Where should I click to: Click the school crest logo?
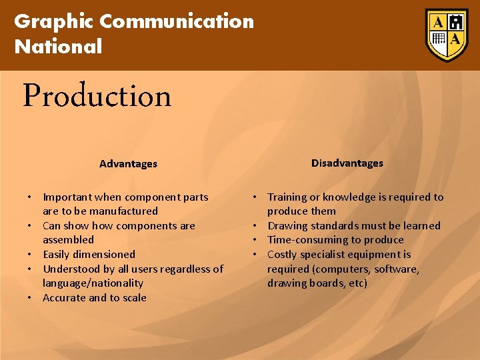446,35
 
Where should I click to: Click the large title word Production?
97,97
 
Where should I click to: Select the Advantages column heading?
128,164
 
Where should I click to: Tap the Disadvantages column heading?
347,163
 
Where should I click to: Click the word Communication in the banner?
177,21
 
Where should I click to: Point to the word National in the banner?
58,47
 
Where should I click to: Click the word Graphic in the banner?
54,21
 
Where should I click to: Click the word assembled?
68,240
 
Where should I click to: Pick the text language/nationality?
93,283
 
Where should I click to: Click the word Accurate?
65,298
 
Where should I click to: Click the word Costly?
283,255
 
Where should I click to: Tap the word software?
396,269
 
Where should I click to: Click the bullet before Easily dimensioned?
31,255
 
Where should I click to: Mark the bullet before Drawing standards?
255,226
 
